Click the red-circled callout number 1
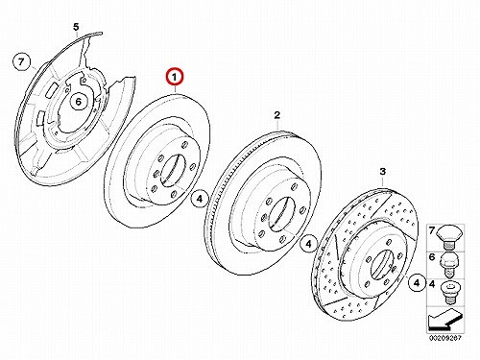tap(175, 78)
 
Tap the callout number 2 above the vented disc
tap(277, 115)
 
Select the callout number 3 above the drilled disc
tap(383, 172)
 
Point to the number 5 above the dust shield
tap(76, 27)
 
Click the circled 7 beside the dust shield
tap(21, 61)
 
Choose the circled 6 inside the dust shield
tap(79, 102)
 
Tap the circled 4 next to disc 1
tap(200, 199)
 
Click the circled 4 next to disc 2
tap(308, 245)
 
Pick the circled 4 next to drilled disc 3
tap(417, 283)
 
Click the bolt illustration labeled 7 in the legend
tap(450, 237)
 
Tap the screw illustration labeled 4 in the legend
tap(450, 293)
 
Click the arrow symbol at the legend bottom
tap(445, 321)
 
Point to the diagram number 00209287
tap(445, 338)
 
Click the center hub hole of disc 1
tap(173, 170)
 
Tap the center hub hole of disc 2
tap(281, 214)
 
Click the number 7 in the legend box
tap(432, 230)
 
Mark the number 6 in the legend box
tap(432, 256)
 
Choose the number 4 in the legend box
tap(432, 284)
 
